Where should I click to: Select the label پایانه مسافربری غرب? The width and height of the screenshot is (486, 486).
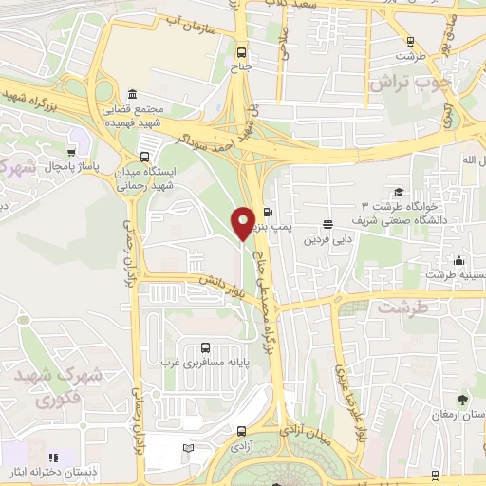[202, 362]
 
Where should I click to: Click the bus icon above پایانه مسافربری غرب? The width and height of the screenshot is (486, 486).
[202, 347]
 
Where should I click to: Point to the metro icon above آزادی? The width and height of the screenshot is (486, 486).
[239, 429]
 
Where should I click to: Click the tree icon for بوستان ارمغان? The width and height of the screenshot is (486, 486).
[462, 400]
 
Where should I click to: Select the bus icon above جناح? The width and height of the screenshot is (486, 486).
[241, 53]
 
